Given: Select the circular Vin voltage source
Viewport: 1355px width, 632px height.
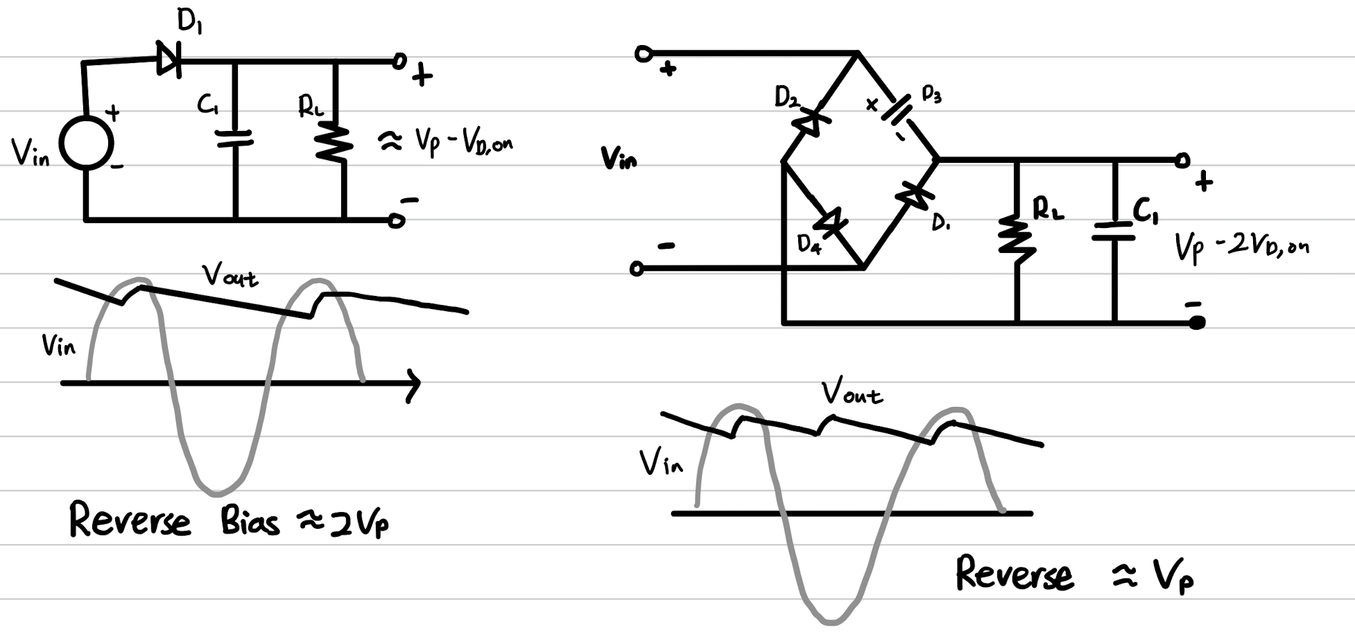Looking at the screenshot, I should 86,143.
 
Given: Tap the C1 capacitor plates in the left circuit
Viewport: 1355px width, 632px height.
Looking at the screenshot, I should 235,138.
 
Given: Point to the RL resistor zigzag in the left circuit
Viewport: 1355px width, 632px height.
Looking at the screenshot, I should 334,141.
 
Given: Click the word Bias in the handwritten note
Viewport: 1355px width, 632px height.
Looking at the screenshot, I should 250,521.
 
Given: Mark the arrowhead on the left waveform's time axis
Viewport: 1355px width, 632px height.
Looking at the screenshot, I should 413,384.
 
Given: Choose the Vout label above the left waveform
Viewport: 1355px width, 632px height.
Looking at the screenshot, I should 230,276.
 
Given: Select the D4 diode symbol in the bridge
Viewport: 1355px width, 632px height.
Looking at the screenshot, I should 829,222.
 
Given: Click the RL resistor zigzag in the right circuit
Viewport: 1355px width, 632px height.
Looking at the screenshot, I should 1017,238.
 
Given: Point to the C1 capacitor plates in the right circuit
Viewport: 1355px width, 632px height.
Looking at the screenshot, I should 1114,231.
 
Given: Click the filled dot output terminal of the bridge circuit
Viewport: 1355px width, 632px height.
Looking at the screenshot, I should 1197,322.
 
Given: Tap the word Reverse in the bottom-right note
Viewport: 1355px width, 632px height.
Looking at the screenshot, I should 1014,574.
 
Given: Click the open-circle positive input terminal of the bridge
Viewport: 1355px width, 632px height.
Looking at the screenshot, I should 644,53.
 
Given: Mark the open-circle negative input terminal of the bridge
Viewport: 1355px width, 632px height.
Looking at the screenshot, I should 637,269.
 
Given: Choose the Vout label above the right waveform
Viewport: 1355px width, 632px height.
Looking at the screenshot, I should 852,393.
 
